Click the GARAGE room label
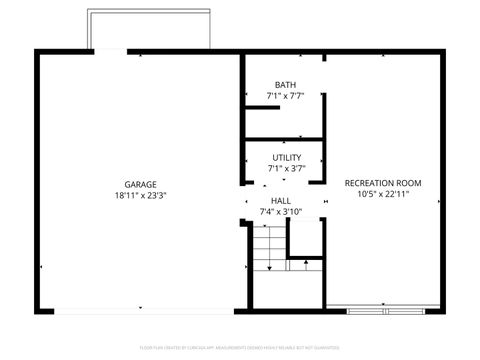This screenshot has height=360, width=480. (139, 184)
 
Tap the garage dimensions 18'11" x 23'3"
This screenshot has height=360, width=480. (139, 196)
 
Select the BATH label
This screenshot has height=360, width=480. (285, 85)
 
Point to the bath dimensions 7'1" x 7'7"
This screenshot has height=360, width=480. (285, 96)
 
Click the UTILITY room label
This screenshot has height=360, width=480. (286, 158)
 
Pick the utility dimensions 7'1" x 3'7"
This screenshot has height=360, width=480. (286, 169)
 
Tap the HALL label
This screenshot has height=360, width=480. (281, 201)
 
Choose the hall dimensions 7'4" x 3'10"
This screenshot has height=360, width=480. (281, 212)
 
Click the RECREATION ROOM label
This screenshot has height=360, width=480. (382, 183)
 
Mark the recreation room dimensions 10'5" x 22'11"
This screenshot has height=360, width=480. (382, 195)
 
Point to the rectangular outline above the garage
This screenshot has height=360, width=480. (150, 30)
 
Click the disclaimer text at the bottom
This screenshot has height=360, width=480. (240, 347)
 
